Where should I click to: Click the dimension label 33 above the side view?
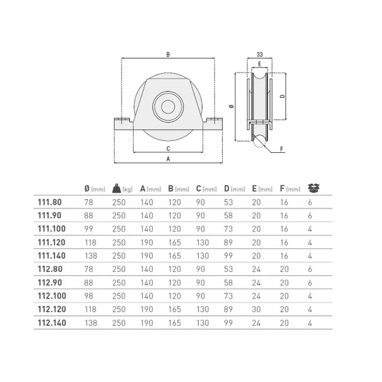coord(260,54)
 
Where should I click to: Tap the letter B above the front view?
coord(168,54)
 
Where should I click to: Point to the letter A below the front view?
coord(168,159)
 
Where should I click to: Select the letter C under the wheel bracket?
coord(168,149)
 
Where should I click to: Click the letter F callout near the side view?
coord(282,149)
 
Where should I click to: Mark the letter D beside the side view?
coord(282,96)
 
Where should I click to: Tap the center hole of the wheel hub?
coord(168,106)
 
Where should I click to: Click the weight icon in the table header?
coord(117,188)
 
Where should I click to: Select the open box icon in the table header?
coord(314,188)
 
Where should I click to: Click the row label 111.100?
coord(52,229)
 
